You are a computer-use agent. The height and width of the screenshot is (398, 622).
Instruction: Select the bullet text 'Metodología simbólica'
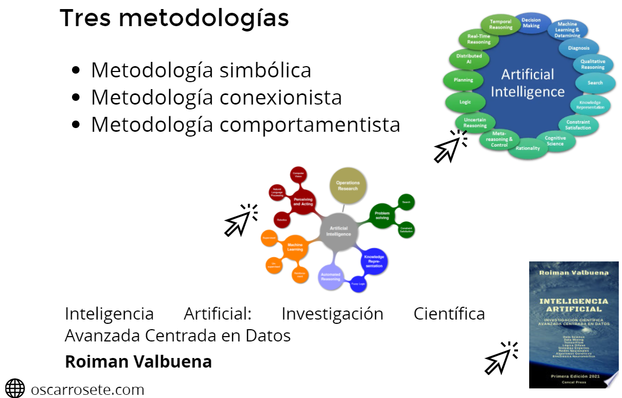201,70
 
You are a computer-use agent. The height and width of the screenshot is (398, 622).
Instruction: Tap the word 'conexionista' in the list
281,98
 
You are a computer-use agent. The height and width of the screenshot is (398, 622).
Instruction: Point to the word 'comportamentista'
309,125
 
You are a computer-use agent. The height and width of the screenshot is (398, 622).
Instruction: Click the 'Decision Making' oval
531,23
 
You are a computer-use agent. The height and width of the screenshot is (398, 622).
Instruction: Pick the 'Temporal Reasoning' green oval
500,25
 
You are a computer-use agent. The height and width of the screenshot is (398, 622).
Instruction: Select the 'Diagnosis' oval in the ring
579,48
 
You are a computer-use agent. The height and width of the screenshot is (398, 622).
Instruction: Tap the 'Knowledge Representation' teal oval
591,105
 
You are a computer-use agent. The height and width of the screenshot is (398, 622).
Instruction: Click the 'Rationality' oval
528,148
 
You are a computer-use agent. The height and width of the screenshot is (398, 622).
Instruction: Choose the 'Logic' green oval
465,101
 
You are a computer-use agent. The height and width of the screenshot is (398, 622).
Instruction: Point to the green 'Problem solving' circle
382,216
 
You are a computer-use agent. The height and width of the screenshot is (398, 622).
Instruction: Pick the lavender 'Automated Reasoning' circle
330,277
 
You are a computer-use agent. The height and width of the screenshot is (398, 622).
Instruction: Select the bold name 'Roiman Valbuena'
138,362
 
